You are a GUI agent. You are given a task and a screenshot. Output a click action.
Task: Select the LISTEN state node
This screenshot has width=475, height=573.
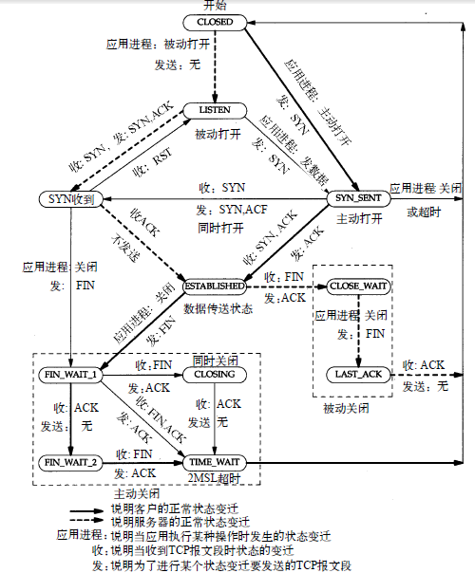pos(215,111)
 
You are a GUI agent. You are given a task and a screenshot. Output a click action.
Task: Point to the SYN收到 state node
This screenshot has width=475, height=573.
pos(68,198)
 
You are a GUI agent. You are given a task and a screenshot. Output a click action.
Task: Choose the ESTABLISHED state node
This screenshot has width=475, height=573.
pos(215,285)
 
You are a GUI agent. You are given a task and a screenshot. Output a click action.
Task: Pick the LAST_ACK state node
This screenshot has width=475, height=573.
pos(358,374)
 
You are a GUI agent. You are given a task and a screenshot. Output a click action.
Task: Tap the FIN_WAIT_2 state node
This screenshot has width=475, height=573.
pos(72,462)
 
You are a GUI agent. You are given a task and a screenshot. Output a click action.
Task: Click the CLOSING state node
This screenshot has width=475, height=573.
pos(215,374)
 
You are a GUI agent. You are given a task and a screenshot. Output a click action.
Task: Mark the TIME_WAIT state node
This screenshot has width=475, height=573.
pos(215,462)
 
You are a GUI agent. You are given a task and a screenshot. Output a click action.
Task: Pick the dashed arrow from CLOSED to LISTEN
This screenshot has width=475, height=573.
pos(215,66)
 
